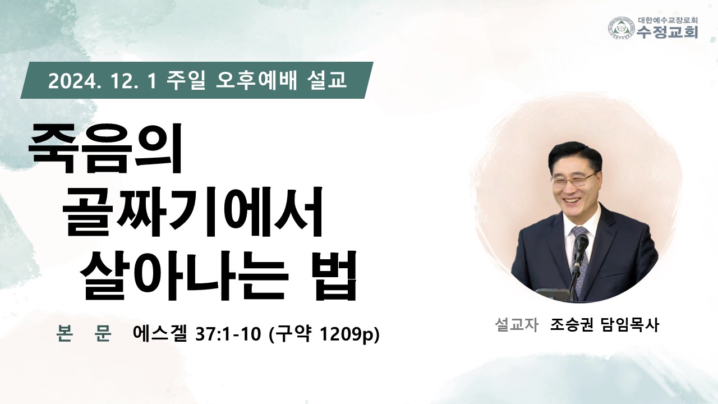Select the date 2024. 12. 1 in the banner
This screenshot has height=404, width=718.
click(x=102, y=80)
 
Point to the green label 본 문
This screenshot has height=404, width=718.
click(x=84, y=333)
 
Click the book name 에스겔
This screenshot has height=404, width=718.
click(x=159, y=333)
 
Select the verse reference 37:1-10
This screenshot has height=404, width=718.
click(x=228, y=334)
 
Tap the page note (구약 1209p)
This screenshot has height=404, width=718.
click(x=324, y=334)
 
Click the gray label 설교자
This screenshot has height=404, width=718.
click(x=517, y=325)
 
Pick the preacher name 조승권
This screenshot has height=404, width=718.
click(x=572, y=325)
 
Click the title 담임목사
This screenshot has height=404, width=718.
click(x=630, y=325)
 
